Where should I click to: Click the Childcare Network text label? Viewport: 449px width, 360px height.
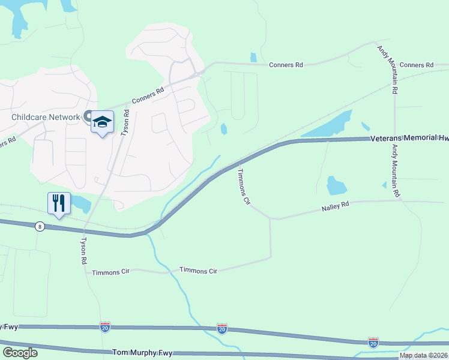46,117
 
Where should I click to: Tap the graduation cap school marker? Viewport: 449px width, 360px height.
102,122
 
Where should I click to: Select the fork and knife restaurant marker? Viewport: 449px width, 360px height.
59,202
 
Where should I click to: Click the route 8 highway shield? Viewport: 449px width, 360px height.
40,226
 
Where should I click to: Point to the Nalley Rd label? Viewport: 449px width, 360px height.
335,206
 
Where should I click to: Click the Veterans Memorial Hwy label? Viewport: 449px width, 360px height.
409,137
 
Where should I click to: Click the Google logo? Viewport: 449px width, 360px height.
20,353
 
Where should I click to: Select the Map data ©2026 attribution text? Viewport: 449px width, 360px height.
423,355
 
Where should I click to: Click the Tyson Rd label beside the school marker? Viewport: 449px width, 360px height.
125,122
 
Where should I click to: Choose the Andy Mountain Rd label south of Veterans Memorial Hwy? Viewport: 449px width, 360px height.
396,171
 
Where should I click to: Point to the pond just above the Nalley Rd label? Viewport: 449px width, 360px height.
336,185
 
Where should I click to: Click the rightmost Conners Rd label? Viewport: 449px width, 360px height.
416,65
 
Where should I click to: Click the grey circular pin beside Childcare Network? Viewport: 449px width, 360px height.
88,116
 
